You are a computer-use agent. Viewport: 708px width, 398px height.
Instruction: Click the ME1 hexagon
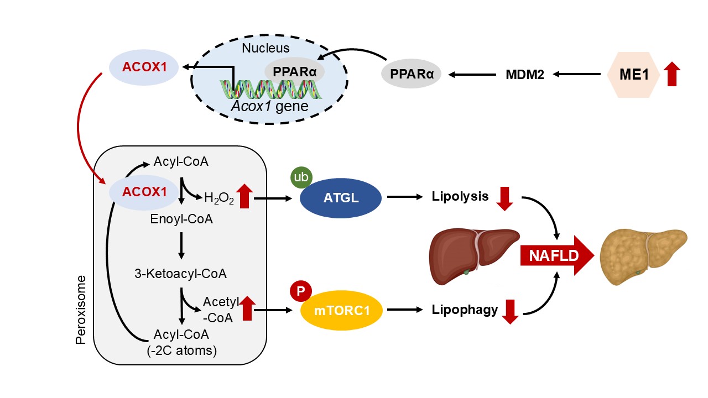(634, 74)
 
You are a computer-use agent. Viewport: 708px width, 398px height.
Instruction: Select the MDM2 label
(525, 74)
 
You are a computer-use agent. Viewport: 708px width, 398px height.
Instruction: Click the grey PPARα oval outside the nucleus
(411, 74)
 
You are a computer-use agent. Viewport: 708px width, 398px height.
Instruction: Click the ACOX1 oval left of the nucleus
(144, 67)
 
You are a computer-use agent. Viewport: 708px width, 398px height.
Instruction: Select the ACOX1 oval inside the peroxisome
(144, 192)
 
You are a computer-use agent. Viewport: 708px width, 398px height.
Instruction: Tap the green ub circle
(302, 177)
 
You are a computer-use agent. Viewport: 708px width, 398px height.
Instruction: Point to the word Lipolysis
(460, 196)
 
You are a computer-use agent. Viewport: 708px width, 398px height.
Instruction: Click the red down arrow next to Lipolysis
(504, 198)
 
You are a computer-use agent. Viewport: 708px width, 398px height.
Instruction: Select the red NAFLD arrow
(556, 255)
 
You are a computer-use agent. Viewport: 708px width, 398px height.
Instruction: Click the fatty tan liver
(643, 256)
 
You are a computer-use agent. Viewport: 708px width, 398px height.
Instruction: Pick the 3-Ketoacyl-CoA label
(180, 273)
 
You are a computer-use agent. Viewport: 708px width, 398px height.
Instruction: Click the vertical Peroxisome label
(81, 309)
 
